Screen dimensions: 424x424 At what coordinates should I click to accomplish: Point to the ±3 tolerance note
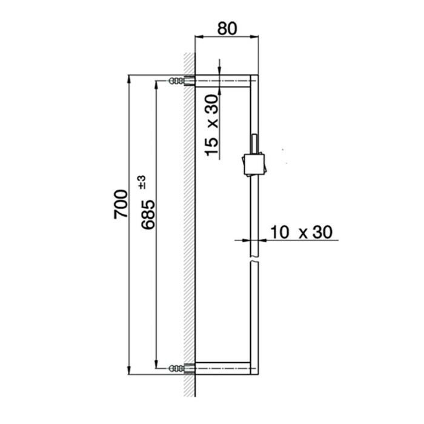click(x=141, y=181)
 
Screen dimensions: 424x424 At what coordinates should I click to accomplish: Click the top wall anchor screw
click(x=177, y=81)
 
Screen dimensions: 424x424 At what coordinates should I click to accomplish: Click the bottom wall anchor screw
click(x=177, y=367)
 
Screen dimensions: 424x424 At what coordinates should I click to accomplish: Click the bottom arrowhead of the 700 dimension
click(x=128, y=369)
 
